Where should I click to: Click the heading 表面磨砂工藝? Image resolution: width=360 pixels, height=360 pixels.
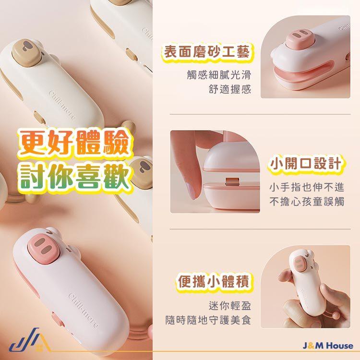(x=206, y=52)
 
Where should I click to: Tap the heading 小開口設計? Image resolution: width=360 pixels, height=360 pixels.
(x=306, y=164)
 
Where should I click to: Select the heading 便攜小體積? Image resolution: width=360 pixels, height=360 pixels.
(x=214, y=281)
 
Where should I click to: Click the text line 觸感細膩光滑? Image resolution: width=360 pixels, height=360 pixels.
(x=219, y=74)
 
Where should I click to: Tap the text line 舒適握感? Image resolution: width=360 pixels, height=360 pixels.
(x=230, y=89)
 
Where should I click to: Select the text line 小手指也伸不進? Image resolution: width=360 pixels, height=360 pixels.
(x=307, y=187)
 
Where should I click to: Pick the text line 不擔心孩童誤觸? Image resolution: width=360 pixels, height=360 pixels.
(x=307, y=202)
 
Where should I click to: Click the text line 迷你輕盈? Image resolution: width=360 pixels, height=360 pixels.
(x=230, y=306)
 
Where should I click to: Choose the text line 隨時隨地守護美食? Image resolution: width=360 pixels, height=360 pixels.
(x=208, y=320)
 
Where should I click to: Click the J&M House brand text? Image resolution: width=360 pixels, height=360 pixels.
(x=328, y=346)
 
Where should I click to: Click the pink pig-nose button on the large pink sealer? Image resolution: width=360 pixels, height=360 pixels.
(x=44, y=249)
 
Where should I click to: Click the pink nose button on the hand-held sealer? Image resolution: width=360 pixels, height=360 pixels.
(x=300, y=263)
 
